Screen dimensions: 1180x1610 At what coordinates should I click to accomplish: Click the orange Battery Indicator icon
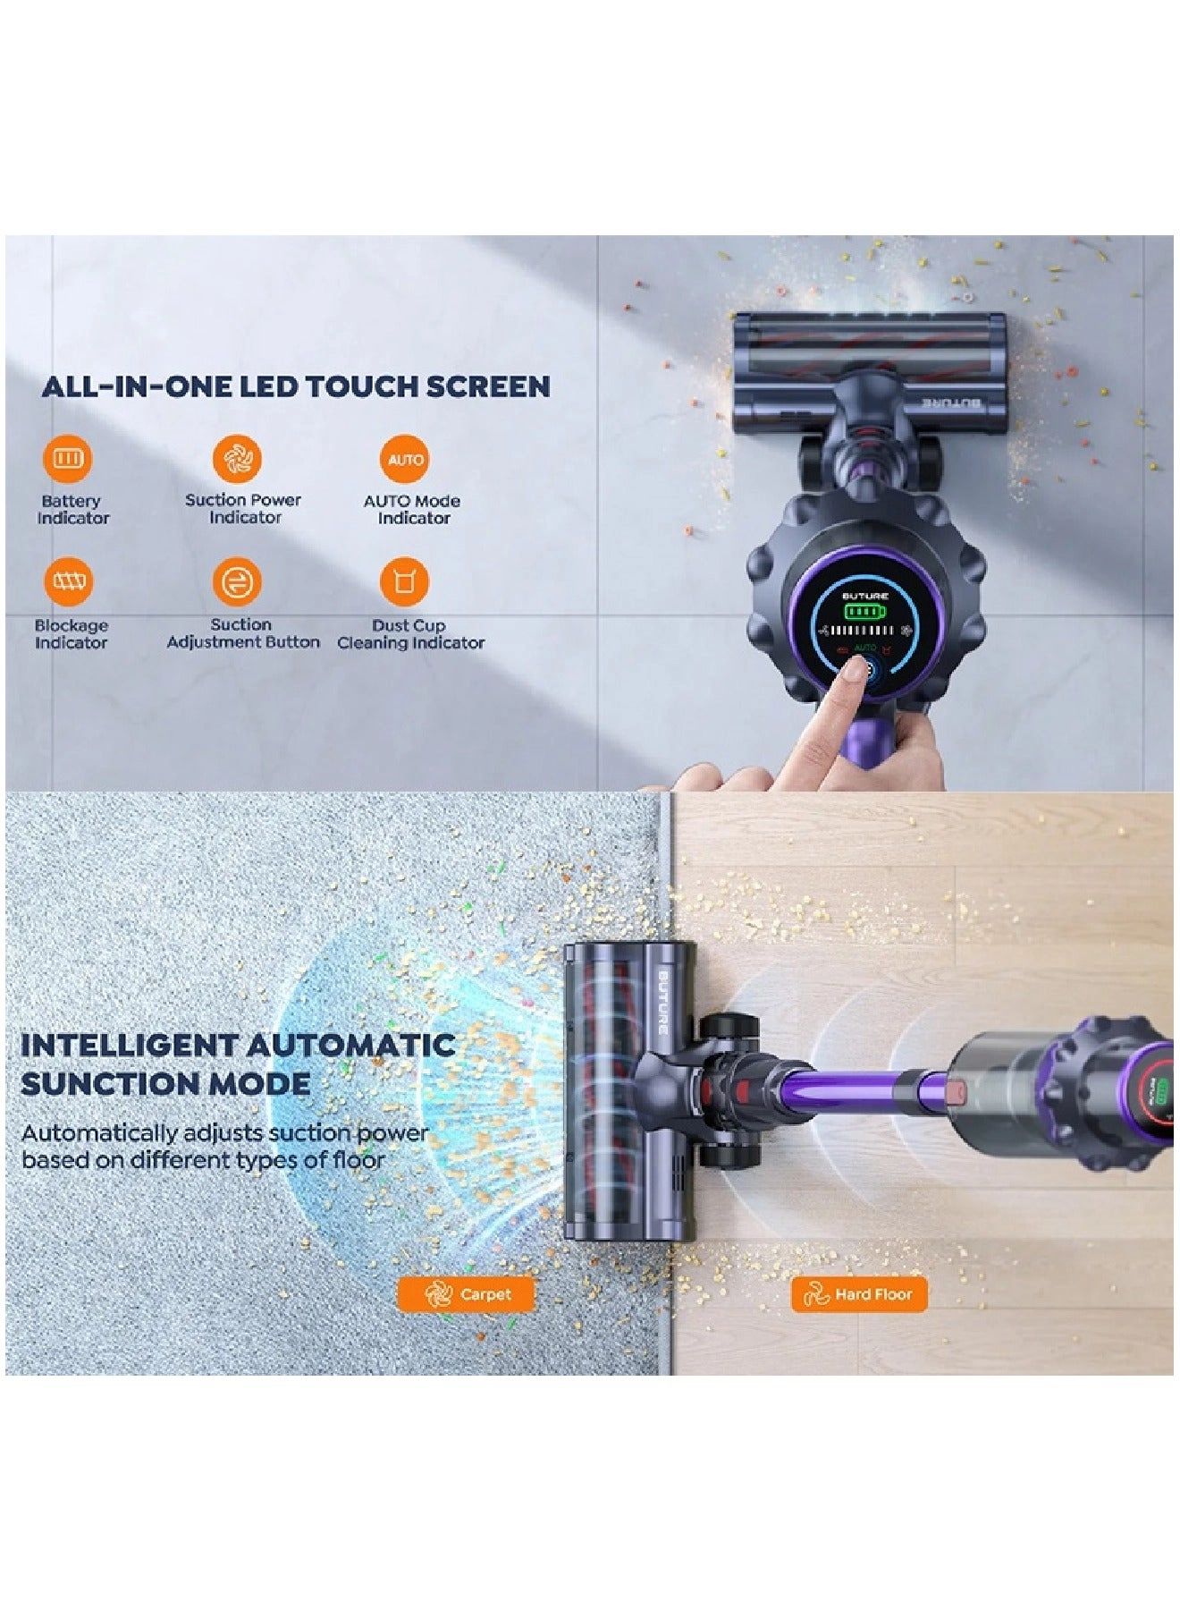click(x=68, y=459)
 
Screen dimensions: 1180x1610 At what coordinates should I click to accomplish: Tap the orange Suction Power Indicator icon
click(x=237, y=459)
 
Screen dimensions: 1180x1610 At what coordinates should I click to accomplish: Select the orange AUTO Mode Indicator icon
click(x=405, y=459)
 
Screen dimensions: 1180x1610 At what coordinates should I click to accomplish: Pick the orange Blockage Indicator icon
click(x=68, y=582)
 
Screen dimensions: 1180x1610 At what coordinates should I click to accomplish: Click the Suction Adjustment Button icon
click(x=237, y=582)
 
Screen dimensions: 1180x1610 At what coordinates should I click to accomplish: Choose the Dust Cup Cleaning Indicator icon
click(x=405, y=582)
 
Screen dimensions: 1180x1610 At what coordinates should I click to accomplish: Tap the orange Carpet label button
click(x=466, y=1294)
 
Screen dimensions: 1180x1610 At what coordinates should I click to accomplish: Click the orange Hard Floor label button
click(x=858, y=1294)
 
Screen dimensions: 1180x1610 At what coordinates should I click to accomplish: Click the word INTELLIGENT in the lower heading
click(x=128, y=1045)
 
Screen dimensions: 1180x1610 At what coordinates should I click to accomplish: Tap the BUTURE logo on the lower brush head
click(x=663, y=1001)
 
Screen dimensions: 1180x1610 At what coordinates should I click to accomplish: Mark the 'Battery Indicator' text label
click(x=72, y=510)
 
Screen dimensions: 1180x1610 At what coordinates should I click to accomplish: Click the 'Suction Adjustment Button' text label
click(x=242, y=633)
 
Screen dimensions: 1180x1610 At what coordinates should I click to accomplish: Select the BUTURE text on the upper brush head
click(x=953, y=403)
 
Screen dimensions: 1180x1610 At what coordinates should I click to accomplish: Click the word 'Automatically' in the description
click(x=99, y=1134)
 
